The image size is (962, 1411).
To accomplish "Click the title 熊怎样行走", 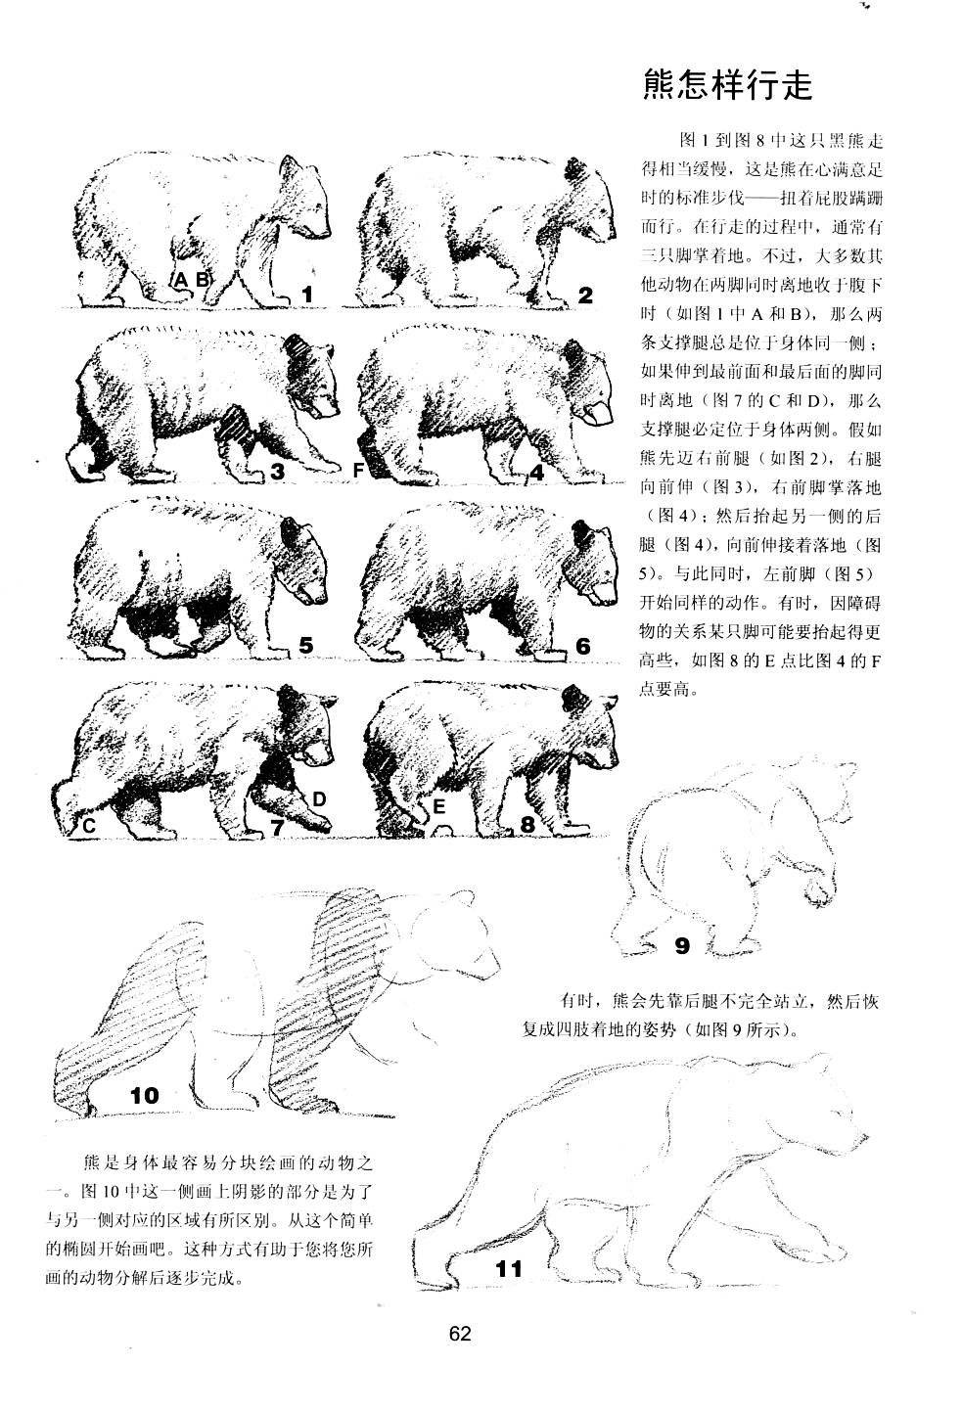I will click(x=728, y=86).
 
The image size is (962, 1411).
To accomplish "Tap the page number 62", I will click(x=460, y=1334).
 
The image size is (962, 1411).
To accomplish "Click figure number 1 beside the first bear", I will click(x=307, y=294).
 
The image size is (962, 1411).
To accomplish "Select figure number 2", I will click(x=586, y=295).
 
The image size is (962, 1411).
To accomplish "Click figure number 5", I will click(x=306, y=646).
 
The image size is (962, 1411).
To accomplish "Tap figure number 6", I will click(x=583, y=646).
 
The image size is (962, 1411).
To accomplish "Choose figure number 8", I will click(x=527, y=825).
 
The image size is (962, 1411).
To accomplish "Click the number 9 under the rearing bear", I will click(x=682, y=946).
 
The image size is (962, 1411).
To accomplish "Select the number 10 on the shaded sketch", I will click(x=144, y=1096).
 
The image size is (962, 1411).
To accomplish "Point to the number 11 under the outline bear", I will click(x=509, y=1270).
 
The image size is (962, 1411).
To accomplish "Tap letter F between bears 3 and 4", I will click(x=358, y=471).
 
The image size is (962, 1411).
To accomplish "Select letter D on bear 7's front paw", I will click(x=319, y=799).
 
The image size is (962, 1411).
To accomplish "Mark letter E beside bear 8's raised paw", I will click(x=439, y=807).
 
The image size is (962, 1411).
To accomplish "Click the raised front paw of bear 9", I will click(x=814, y=888).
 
